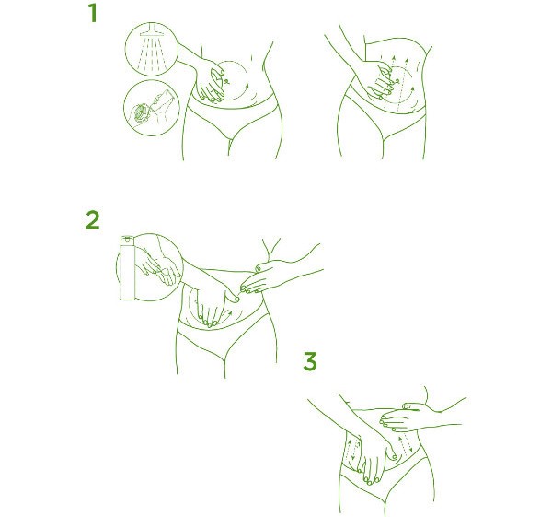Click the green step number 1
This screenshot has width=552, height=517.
pos(93,13)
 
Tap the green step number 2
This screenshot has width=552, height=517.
pos(93,220)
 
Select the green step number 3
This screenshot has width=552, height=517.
pos(310,361)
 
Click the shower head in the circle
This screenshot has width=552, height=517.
pos(152,30)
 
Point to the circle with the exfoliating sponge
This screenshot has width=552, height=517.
pos(152,108)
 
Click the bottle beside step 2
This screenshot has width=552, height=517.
pos(127,268)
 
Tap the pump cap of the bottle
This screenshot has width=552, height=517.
pos(127,240)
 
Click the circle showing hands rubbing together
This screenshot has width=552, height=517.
pos(150,267)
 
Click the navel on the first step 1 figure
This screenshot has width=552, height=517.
pos(227,82)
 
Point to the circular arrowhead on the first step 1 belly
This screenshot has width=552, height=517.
pos(247,86)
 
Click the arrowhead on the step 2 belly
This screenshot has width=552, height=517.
pos(230,312)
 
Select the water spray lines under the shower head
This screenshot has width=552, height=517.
pos(152,53)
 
